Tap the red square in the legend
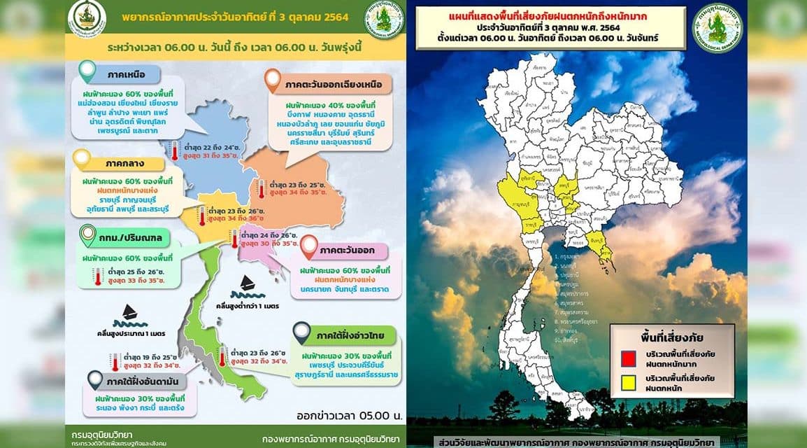[x=627, y=358]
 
